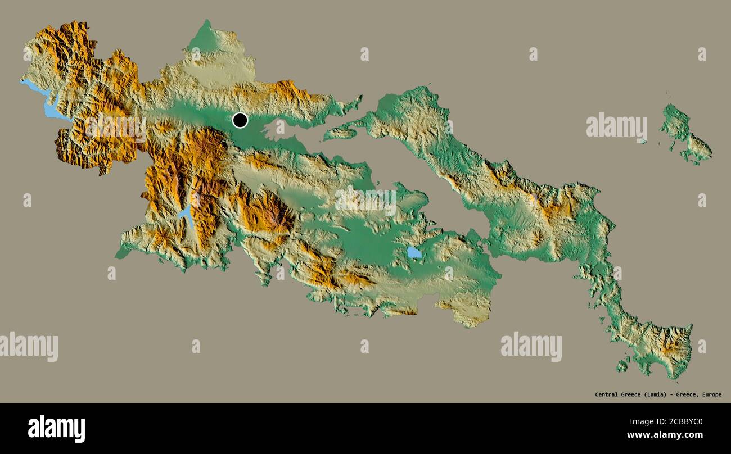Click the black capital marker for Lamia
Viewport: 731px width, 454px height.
[x=240, y=120]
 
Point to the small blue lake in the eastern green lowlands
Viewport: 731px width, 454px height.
[x=414, y=252]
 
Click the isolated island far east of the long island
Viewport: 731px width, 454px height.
[x=684, y=135]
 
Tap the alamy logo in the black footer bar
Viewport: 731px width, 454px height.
[x=56, y=428]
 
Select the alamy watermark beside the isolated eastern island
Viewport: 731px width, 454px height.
[x=616, y=126]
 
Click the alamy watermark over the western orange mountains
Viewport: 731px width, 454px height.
[x=116, y=128]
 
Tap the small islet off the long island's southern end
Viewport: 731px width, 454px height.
[x=622, y=366]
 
